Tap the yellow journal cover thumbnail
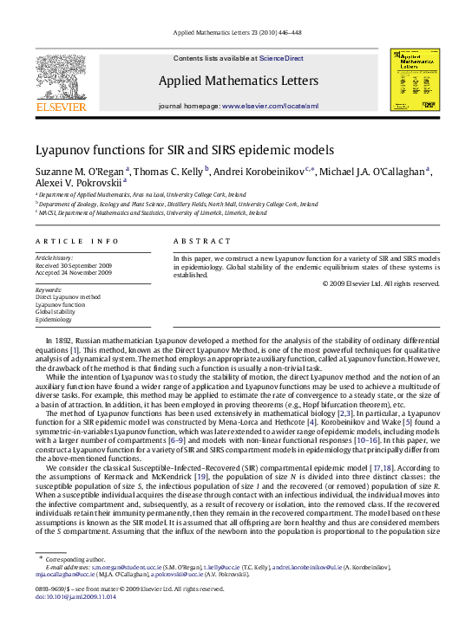tap(412, 83)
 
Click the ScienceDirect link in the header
tap(278, 58)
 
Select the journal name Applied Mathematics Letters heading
tap(234, 81)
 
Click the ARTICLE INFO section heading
tap(65, 240)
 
